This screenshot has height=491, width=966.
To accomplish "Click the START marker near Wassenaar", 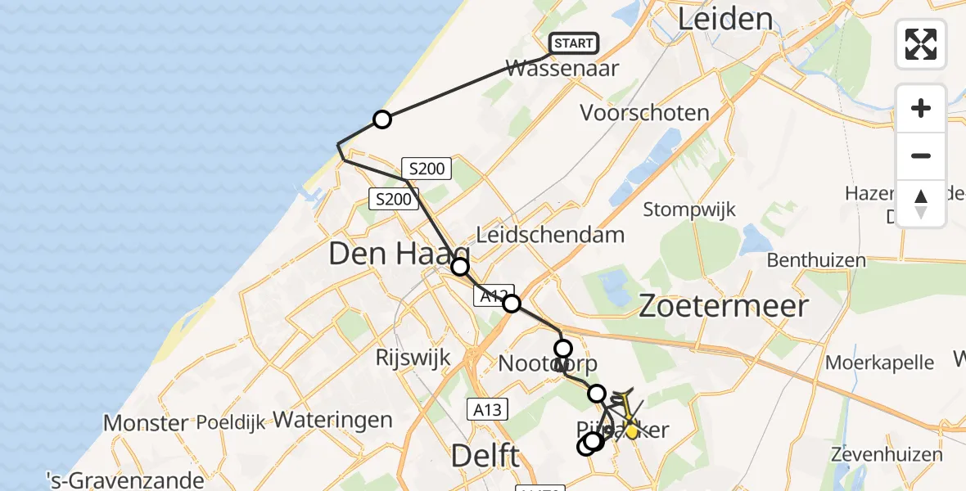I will pyautogui.click(x=574, y=43).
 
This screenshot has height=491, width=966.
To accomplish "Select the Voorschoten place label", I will pyautogui.click(x=644, y=113).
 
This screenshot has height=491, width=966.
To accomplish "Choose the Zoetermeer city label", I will pyautogui.click(x=723, y=306).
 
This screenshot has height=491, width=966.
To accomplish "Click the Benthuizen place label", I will pyautogui.click(x=816, y=260).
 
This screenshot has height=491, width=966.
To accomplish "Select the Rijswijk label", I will pyautogui.click(x=413, y=357).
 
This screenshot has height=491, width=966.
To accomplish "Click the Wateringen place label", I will pyautogui.click(x=332, y=420).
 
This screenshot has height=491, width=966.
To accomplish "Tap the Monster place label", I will pyautogui.click(x=146, y=423).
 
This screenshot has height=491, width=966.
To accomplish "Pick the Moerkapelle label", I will pyautogui.click(x=880, y=362).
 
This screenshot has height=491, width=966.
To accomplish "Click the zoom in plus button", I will pyautogui.click(x=921, y=109).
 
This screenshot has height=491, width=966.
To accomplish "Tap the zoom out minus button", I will pyautogui.click(x=921, y=155).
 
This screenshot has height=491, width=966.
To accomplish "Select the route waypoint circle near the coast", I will pyautogui.click(x=381, y=120).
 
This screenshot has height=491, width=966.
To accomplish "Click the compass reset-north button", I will pyautogui.click(x=921, y=204).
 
